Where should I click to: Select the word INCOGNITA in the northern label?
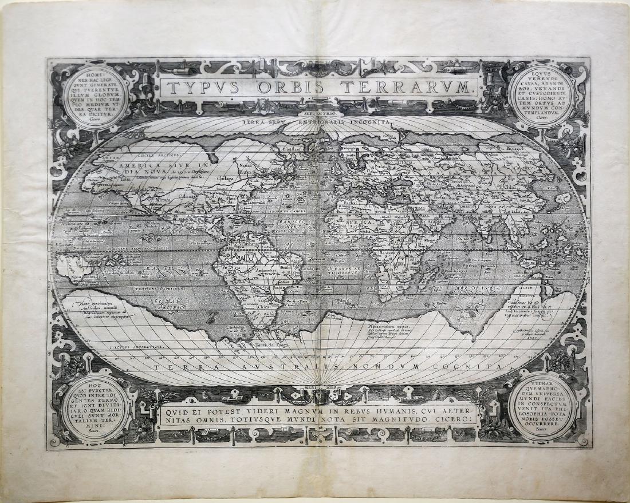(363, 122)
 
